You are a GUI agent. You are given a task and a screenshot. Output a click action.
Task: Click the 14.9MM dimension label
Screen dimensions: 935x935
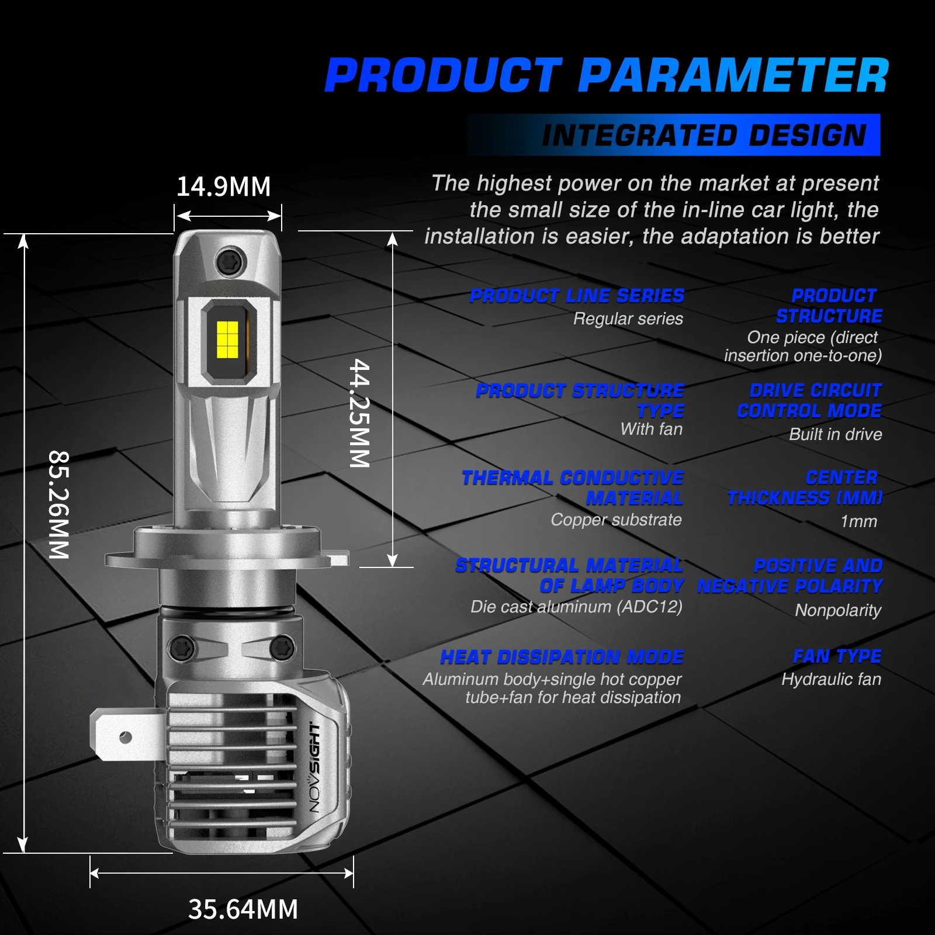[224, 187]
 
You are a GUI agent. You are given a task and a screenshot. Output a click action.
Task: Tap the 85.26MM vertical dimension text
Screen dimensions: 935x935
[59, 505]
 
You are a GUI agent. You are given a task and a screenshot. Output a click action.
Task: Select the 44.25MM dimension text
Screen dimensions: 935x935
[360, 413]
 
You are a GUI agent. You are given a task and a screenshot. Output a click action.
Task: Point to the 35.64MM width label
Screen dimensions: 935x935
[243, 909]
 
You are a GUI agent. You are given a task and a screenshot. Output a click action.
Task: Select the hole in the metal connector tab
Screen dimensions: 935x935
[125, 737]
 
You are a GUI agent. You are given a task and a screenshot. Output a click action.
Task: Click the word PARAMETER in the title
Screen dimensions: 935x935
[733, 77]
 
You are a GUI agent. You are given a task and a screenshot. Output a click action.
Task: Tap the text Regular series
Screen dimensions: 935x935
[628, 319]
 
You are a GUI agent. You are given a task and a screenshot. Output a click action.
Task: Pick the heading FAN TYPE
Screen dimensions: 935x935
[837, 656]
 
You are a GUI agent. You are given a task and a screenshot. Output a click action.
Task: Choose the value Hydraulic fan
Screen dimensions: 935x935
[831, 679]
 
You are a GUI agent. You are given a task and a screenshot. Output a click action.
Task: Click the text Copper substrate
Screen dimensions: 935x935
[616, 520]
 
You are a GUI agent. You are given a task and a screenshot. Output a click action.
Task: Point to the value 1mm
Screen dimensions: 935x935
[858, 521]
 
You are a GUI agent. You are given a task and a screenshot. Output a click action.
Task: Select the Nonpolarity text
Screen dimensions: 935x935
[837, 610]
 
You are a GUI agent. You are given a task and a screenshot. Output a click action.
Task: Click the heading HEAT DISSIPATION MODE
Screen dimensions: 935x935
[562, 657]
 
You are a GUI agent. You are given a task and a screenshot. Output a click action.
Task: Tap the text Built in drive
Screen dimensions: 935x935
[835, 434]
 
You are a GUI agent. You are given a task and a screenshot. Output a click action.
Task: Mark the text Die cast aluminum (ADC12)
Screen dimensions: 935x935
[576, 607]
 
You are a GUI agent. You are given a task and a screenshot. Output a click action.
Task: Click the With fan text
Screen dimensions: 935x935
[651, 429]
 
